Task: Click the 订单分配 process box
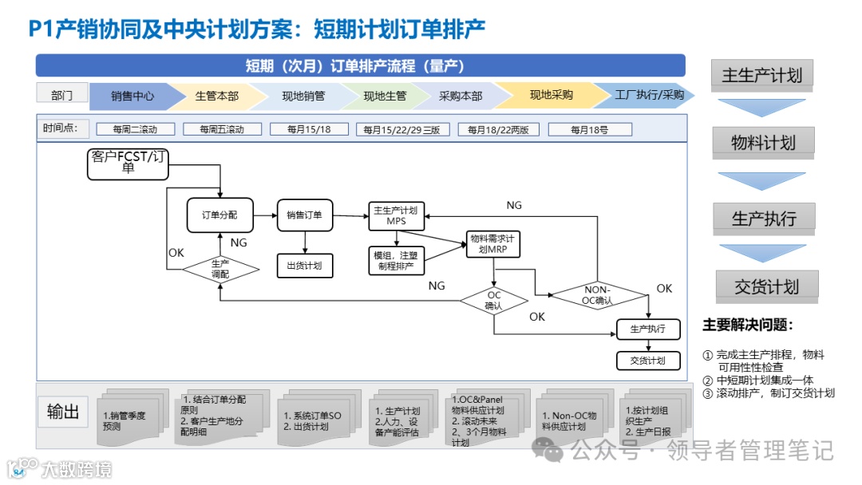[x=219, y=215]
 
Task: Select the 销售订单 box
[x=304, y=215]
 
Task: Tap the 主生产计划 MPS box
[x=396, y=215]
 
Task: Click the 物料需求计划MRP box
[x=494, y=244]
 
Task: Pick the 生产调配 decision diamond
[x=220, y=269]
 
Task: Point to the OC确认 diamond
[x=494, y=301]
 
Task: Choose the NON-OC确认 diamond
[x=598, y=294]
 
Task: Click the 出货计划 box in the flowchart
[x=304, y=266]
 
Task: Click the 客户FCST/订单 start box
[x=129, y=162]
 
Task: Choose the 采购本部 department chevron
[x=461, y=96]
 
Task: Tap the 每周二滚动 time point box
[x=135, y=129]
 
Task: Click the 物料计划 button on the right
[x=763, y=143]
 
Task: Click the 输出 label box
[x=63, y=412]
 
